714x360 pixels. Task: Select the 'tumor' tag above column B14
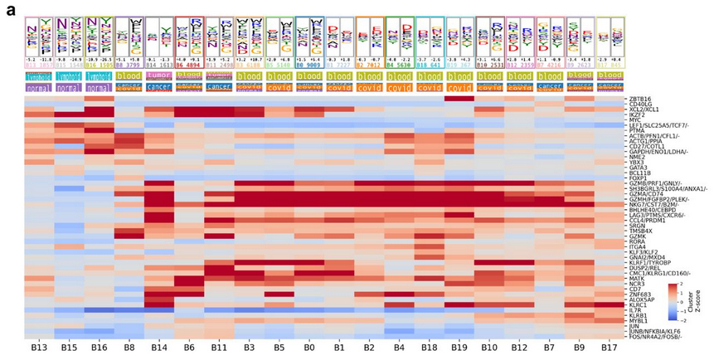[159, 74]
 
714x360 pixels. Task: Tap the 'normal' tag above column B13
[39, 86]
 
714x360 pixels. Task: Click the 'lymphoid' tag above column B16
[99, 75]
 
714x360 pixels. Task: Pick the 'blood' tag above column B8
[129, 75]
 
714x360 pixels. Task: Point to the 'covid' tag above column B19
[460, 86]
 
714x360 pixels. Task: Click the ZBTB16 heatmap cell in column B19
[460, 99]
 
